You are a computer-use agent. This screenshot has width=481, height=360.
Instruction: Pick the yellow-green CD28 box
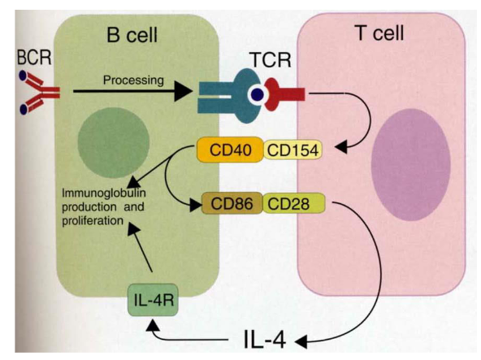point(292,202)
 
